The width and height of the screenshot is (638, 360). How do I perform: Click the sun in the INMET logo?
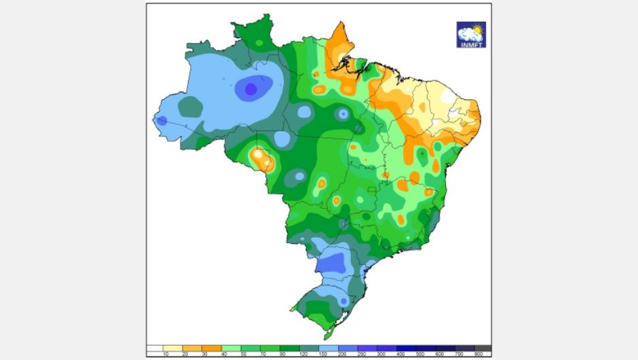pos(477,29)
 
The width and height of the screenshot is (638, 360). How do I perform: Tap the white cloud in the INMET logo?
pos(468,33)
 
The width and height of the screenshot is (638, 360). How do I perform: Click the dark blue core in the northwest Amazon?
pos(250,88)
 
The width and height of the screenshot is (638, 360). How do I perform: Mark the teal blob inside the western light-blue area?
pos(191,107)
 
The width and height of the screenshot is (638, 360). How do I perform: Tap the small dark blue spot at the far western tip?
pos(162,121)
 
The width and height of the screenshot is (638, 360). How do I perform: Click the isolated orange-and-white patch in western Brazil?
pos(261,158)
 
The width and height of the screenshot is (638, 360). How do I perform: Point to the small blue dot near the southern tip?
pos(344,300)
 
